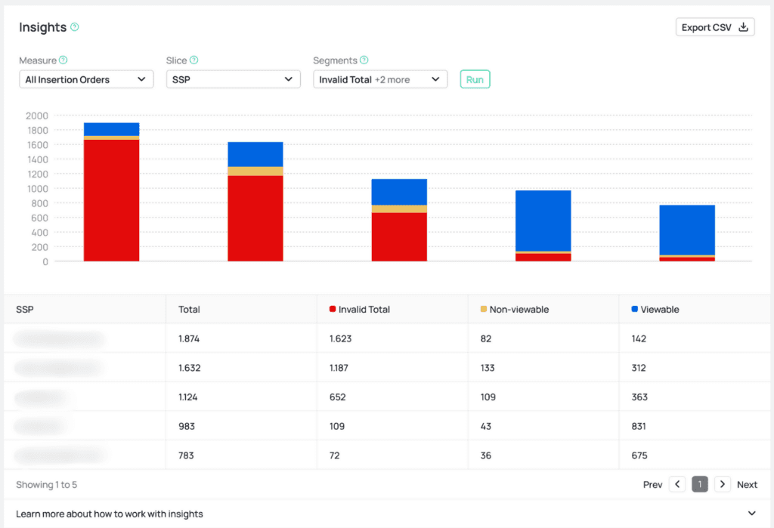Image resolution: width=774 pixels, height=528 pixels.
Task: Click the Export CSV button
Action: coord(714,27)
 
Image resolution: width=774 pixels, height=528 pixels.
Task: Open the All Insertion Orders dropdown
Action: coord(86,79)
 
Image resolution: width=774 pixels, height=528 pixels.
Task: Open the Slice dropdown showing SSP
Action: coord(233,79)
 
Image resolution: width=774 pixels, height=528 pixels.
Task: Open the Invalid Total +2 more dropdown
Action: coord(379,79)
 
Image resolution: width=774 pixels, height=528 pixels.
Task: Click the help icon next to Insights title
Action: coord(75,27)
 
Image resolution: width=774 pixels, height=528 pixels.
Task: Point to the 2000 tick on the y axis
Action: coord(37,116)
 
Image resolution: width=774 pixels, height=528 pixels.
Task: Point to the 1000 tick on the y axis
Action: coord(37,189)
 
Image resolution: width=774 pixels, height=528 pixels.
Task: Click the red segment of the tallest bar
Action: coord(111,200)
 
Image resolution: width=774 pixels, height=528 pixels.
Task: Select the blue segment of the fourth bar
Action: coord(543,221)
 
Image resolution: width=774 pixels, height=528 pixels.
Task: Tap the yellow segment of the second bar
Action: coord(255,171)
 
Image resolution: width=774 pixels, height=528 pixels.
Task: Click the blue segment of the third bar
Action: coord(399,192)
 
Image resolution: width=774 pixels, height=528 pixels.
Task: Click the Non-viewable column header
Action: coord(519,310)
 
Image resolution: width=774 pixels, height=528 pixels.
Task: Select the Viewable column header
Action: coord(659,310)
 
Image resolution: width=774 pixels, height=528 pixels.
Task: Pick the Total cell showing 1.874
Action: coord(190,339)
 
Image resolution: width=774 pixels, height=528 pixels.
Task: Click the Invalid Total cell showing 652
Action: coord(338,397)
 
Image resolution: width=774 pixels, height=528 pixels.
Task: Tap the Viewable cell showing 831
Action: coord(639,426)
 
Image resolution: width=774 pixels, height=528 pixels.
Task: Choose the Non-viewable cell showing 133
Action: coord(488,368)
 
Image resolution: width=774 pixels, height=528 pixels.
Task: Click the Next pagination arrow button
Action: coord(723,484)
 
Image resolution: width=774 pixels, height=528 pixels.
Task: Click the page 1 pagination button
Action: coord(700,484)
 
